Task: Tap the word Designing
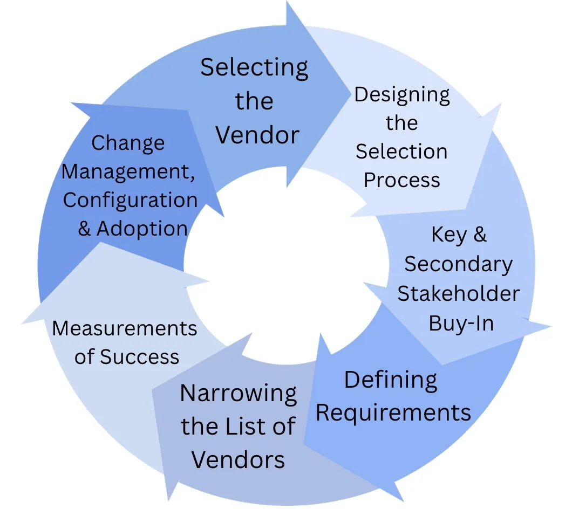(401, 95)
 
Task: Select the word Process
(401, 180)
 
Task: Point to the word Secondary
(458, 264)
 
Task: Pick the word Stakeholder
(458, 293)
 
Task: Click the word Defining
(391, 381)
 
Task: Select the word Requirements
(393, 413)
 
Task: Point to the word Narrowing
(238, 393)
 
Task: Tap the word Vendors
(238, 460)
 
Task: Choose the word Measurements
(125, 328)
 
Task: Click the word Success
(139, 356)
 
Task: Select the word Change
(128, 143)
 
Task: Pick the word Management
(127, 172)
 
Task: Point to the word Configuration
(130, 200)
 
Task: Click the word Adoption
(142, 229)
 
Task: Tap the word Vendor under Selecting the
(257, 134)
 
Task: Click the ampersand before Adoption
(84, 229)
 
